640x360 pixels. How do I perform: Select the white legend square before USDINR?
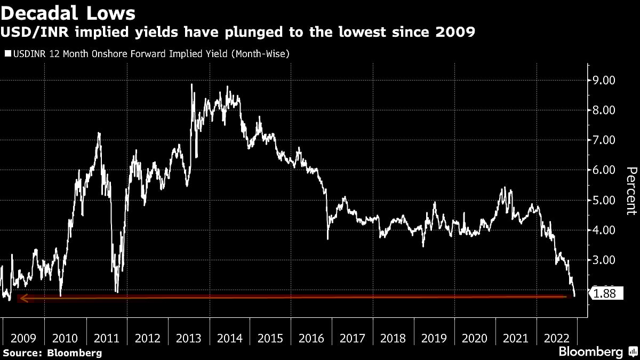coord(6,54)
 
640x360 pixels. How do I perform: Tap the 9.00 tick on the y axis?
coord(604,80)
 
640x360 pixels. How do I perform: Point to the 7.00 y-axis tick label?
coord(604,140)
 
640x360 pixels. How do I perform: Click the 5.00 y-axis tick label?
coord(604,200)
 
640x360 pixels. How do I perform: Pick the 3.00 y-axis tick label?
coord(604,260)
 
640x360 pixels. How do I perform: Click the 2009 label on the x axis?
coord(24,338)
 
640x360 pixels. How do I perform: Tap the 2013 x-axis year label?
coord(188,338)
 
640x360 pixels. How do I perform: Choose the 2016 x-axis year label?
coord(311,338)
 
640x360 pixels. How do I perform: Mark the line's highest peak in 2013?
coord(191,84)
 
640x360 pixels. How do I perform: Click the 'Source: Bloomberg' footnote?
coord(52,353)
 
